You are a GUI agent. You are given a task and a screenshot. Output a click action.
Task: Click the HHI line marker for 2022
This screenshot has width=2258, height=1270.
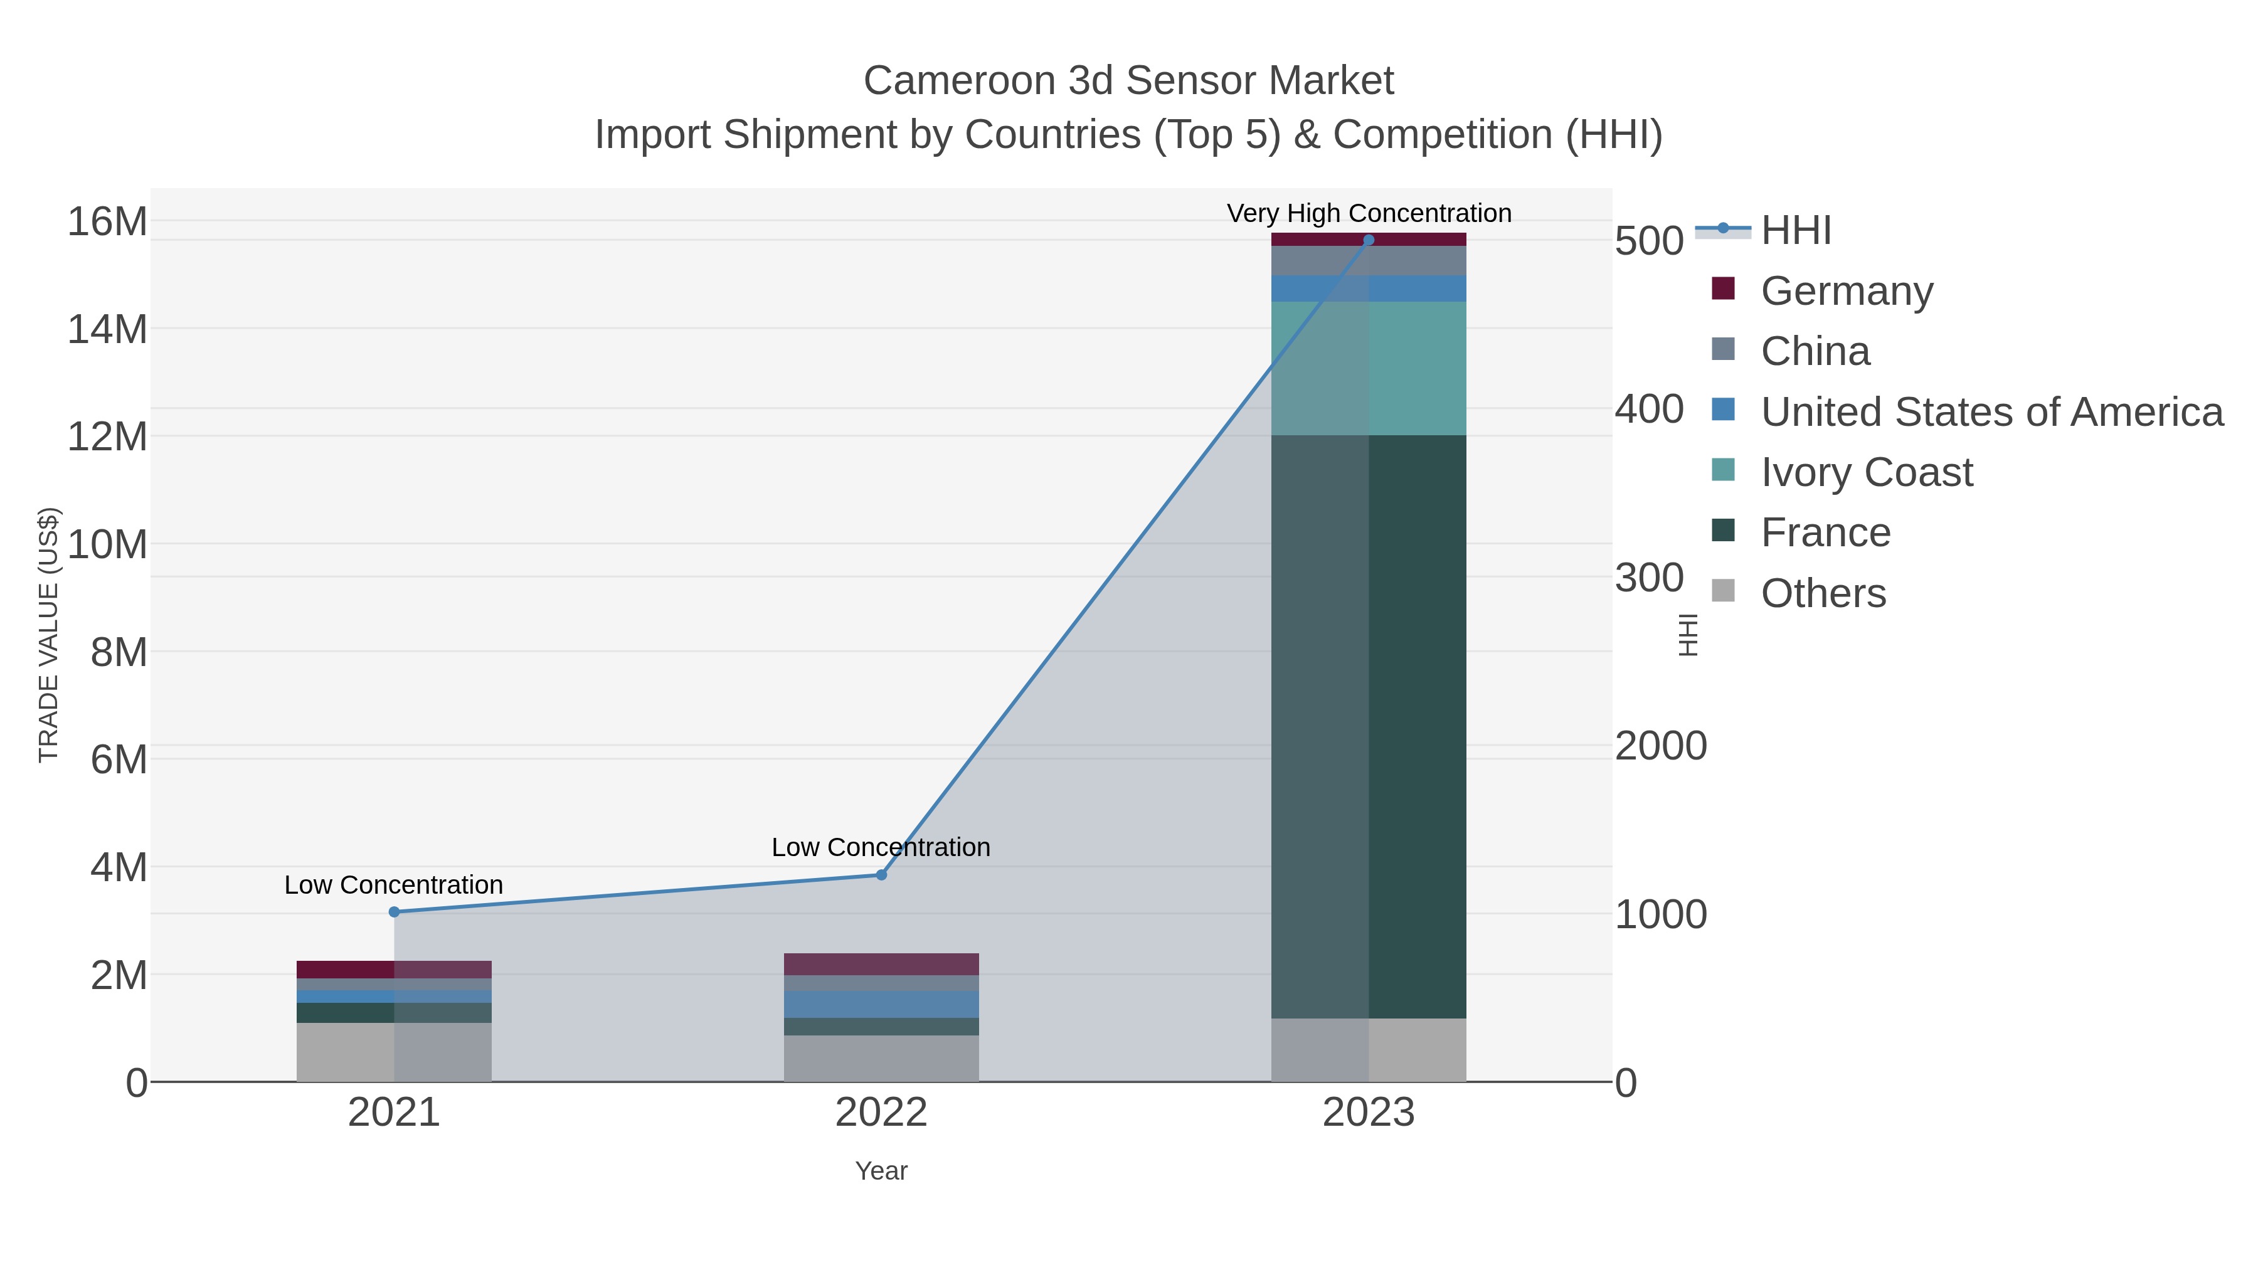[881, 875]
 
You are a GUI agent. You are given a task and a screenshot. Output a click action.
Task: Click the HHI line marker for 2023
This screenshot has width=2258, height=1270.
[1369, 240]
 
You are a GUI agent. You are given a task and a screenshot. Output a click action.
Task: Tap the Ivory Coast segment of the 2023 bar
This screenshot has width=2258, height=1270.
[1369, 368]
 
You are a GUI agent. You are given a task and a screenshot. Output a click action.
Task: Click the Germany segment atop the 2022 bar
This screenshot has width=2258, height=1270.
[881, 964]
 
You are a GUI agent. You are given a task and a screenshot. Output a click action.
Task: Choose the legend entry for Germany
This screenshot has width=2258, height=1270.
[1846, 291]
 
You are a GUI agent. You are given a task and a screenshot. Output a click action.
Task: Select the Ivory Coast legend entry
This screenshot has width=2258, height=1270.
[1866, 472]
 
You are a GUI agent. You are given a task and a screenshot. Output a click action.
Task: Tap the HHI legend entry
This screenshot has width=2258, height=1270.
[1795, 231]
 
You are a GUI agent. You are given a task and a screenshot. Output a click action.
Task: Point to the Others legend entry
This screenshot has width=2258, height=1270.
[1822, 593]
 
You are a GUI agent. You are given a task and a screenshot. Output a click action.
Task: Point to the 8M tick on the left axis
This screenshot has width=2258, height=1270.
[119, 652]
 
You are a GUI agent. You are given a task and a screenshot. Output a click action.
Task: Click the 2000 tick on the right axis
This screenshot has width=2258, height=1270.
[1660, 746]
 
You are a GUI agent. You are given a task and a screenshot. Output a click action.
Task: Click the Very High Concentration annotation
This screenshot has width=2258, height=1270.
[1369, 213]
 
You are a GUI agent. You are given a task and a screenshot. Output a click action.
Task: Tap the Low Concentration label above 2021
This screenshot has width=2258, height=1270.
[393, 884]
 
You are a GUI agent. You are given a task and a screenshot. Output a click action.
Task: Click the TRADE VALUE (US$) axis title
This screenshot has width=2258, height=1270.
[49, 635]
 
